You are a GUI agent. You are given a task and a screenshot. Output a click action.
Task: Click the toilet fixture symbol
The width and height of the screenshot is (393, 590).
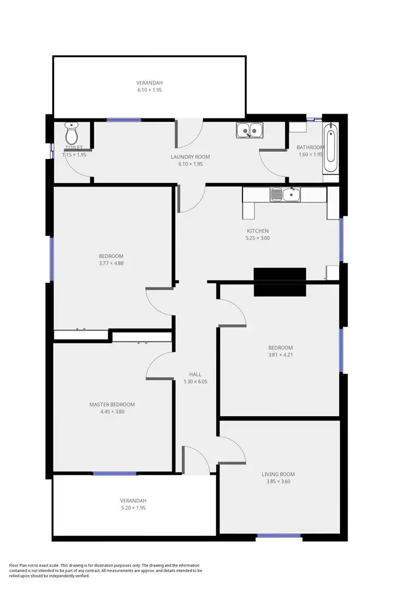(x=72, y=133)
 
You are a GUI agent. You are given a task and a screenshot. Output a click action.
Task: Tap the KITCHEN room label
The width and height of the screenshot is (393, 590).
(x=258, y=231)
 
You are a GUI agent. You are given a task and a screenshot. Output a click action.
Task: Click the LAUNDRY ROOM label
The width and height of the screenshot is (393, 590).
(x=190, y=157)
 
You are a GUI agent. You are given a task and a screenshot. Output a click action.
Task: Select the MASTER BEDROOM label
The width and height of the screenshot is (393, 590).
(x=112, y=405)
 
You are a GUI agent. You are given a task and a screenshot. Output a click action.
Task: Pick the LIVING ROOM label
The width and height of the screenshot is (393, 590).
(x=281, y=474)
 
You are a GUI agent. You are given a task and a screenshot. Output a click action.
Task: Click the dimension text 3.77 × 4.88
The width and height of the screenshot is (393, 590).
(x=111, y=263)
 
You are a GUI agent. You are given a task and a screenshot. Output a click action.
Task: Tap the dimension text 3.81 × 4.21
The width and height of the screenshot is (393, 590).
(x=281, y=355)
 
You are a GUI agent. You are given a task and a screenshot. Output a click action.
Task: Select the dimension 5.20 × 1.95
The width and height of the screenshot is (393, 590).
(x=133, y=508)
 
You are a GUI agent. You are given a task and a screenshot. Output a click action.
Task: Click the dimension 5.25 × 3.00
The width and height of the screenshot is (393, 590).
(x=258, y=238)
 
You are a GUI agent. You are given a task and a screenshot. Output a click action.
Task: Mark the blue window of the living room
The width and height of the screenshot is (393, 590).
(x=279, y=536)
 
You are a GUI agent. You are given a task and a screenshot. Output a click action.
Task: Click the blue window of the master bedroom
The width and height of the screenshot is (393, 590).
(x=115, y=474)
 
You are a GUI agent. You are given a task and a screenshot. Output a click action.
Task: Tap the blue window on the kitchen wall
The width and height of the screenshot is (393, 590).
(x=342, y=240)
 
